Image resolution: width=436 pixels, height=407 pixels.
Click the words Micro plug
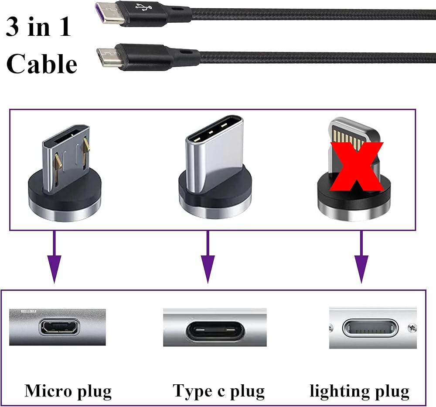(x=68, y=391)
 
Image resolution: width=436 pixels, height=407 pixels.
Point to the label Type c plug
(x=219, y=391)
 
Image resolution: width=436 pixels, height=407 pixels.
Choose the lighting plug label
(x=360, y=391)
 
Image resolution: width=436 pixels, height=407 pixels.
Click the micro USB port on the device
(x=59, y=327)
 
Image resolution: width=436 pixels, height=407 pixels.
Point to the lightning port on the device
(x=370, y=328)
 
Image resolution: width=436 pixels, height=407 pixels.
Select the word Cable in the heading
(x=42, y=64)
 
